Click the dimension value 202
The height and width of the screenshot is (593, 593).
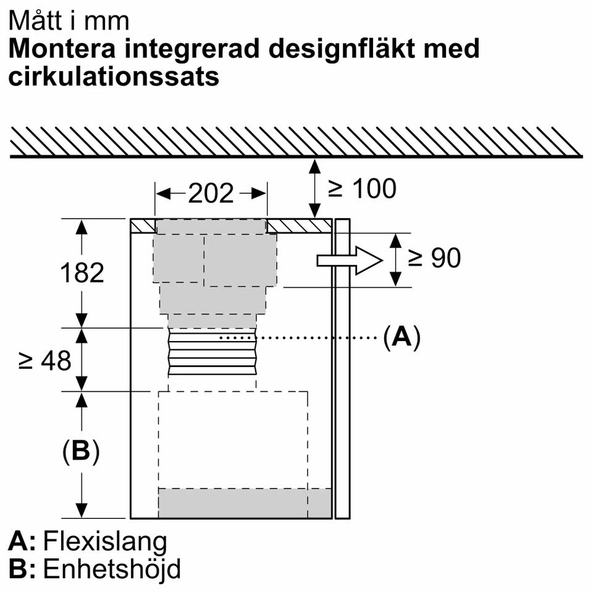coord(211,194)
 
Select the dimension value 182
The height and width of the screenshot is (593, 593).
coord(83,272)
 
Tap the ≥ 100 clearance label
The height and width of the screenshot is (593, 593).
coord(362,188)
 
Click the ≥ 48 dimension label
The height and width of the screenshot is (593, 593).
coord(45,360)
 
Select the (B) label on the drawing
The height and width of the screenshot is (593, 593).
coord(81,452)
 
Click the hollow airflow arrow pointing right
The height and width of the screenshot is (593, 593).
coord(349,260)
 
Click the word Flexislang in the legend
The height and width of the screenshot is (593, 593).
coord(104,541)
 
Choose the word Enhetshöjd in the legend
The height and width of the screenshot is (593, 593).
coord(112,569)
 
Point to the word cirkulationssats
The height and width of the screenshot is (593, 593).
coord(114,77)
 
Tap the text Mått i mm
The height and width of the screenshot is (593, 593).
coord(69,21)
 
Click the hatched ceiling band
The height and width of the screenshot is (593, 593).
coord(295,141)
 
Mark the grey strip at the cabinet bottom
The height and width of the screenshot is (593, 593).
coord(245,502)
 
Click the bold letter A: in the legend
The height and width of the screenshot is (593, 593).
coord(22,541)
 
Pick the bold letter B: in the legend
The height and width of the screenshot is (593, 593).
coord(22,569)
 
